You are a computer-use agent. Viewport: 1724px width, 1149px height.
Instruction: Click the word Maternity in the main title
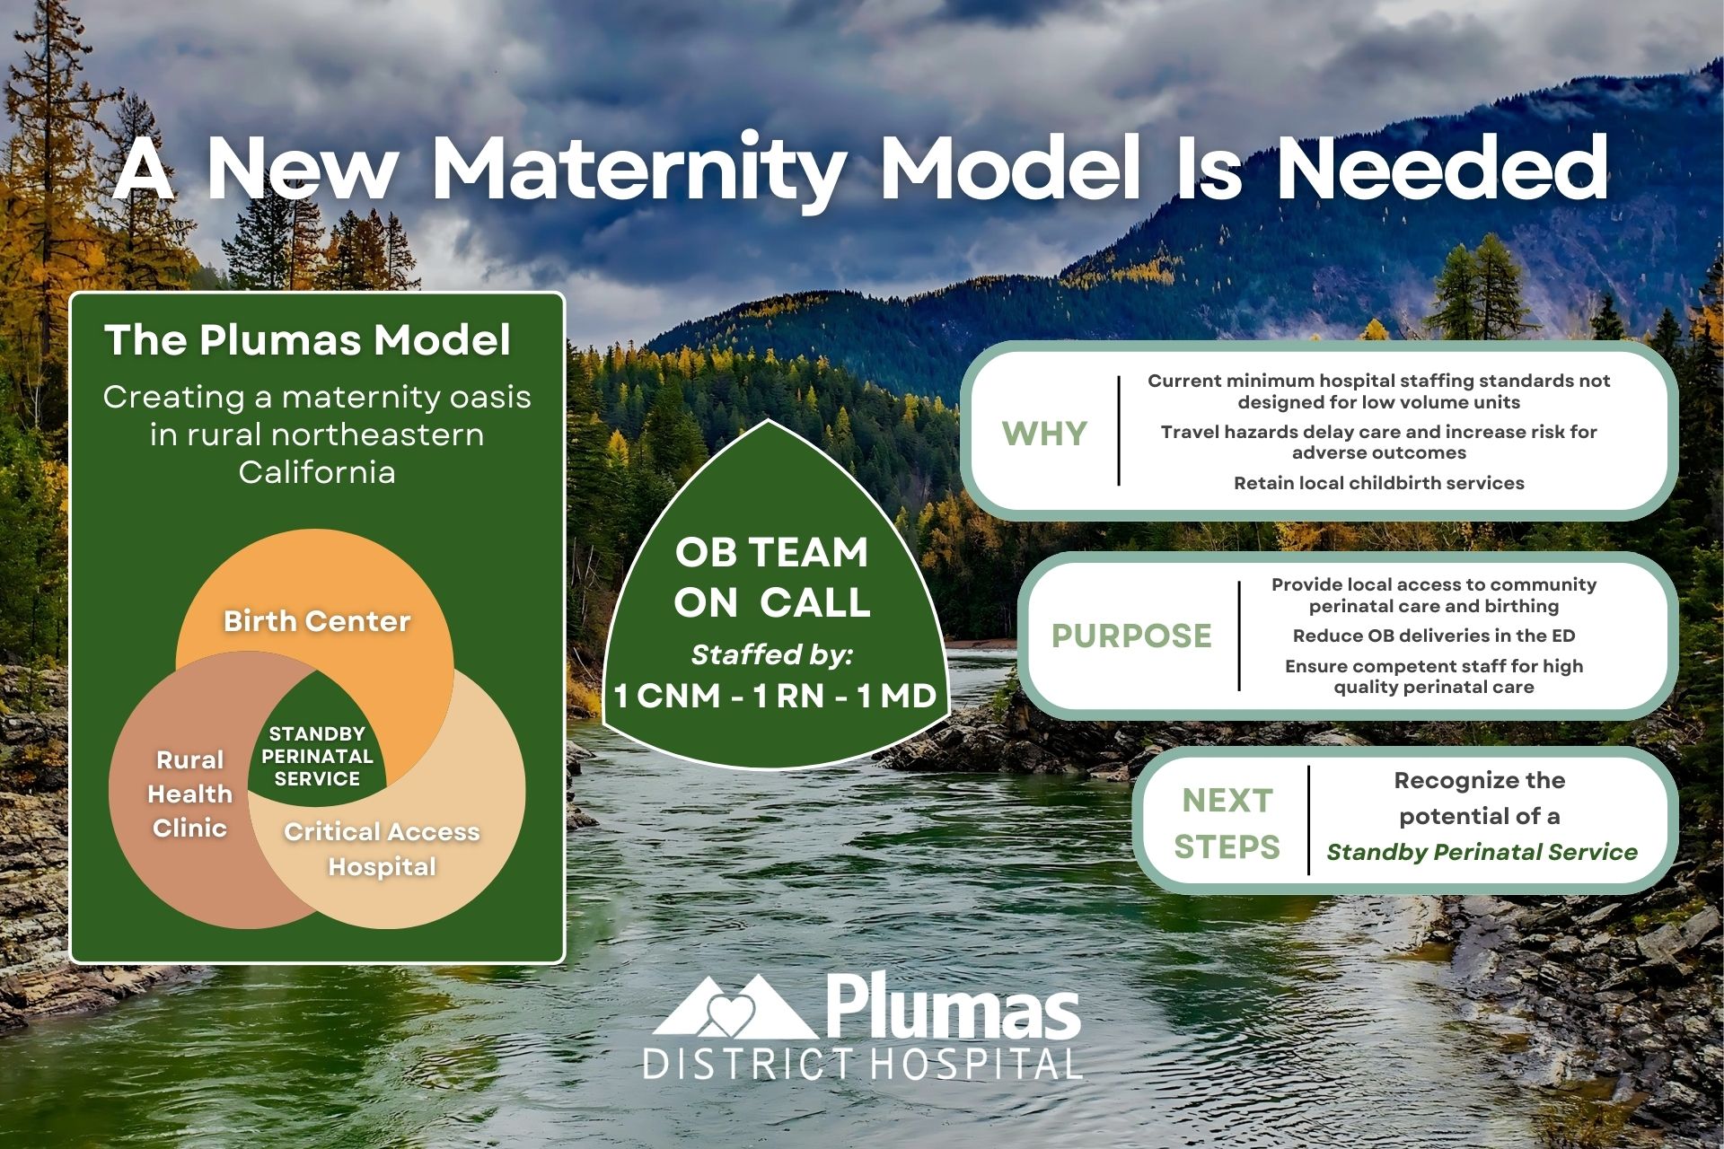pyautogui.click(x=638, y=171)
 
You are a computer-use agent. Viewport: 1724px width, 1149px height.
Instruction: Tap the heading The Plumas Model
pyautogui.click(x=307, y=340)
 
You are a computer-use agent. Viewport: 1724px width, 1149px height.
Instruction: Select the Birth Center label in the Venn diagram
pyautogui.click(x=316, y=621)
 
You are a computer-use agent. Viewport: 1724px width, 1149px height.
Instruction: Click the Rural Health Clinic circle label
pyautogui.click(x=189, y=794)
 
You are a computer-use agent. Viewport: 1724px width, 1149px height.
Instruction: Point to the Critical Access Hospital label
pyautogui.click(x=382, y=848)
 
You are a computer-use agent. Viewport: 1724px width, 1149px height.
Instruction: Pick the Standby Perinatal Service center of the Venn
pyautogui.click(x=317, y=756)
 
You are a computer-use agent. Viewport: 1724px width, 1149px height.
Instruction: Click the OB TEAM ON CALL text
pyautogui.click(x=772, y=577)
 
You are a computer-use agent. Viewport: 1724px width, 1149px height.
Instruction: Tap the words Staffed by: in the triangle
pyautogui.click(x=772, y=654)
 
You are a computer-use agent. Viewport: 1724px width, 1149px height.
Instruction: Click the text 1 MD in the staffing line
pyautogui.click(x=896, y=696)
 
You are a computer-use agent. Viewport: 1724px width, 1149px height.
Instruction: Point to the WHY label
pyautogui.click(x=1044, y=434)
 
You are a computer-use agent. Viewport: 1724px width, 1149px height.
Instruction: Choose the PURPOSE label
pyautogui.click(x=1131, y=636)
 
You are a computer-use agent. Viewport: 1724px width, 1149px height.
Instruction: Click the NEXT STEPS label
pyautogui.click(x=1227, y=822)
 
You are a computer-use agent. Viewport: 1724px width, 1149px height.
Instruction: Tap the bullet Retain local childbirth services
pyautogui.click(x=1378, y=483)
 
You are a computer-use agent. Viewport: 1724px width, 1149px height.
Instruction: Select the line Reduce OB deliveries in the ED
pyautogui.click(x=1433, y=636)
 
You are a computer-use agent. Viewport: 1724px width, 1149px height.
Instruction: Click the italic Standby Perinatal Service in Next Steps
pyautogui.click(x=1482, y=852)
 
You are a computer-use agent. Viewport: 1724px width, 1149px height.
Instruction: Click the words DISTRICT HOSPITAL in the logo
pyautogui.click(x=862, y=1065)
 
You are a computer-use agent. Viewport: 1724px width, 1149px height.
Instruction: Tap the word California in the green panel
pyautogui.click(x=316, y=472)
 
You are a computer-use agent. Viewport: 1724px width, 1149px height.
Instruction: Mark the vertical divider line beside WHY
pyautogui.click(x=1119, y=431)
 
